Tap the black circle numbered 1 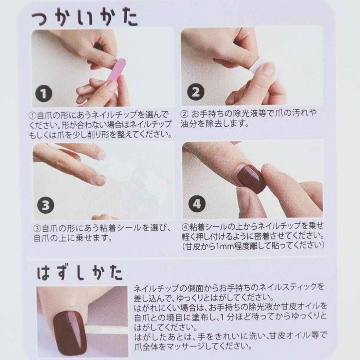tap(44, 94)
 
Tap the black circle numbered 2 tap(196, 92)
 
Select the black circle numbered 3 tap(45, 206)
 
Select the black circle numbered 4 tap(197, 204)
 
